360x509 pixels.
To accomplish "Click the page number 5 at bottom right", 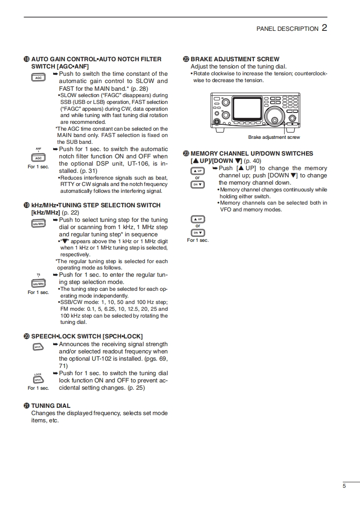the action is tap(344, 486).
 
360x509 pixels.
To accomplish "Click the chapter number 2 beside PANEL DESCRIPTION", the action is tap(324, 28).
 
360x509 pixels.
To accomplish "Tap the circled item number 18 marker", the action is tap(27, 59).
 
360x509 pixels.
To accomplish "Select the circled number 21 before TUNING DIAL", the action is tap(27, 406).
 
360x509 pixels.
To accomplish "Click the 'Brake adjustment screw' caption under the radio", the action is tap(274, 137).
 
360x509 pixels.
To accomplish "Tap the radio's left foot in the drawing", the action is tap(220, 129).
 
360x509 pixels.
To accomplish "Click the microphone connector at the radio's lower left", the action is tap(217, 122).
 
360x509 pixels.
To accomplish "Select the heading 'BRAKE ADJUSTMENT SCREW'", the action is tap(235, 59).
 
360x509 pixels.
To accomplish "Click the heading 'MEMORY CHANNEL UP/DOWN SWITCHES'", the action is tap(252, 154).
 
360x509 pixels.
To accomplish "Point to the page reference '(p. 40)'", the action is tap(252, 161).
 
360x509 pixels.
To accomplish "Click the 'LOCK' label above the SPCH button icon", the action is tap(38, 374).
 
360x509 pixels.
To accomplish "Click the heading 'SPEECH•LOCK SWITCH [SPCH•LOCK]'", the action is tap(87, 337).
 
